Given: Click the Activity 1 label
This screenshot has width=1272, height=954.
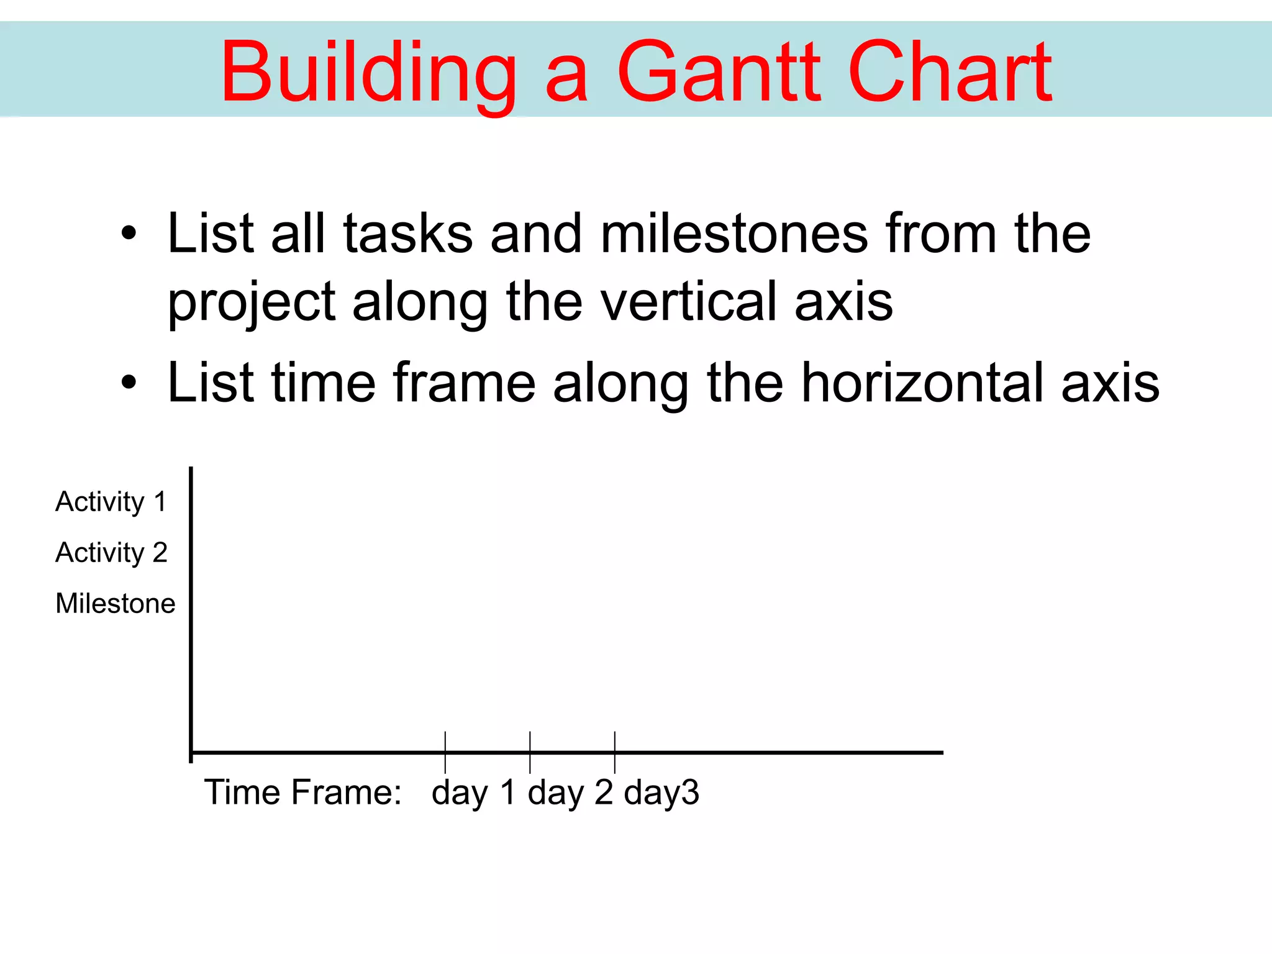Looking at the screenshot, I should [x=111, y=501].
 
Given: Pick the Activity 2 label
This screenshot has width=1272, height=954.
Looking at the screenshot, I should [x=111, y=552].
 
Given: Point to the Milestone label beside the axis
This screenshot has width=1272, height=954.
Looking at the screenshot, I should [x=116, y=603].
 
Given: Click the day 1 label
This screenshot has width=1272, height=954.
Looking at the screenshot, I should [x=473, y=793].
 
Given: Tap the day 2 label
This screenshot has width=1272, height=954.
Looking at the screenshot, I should [x=570, y=793].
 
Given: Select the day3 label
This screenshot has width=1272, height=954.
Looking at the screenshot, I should [x=661, y=793].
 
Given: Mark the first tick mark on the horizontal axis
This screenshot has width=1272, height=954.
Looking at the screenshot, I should [x=445, y=752].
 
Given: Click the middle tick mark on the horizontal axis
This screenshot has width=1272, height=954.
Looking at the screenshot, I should [x=530, y=752].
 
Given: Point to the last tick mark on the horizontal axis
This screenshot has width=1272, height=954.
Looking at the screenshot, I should [x=615, y=752].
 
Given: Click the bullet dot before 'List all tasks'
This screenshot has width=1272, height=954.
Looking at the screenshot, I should [x=129, y=234].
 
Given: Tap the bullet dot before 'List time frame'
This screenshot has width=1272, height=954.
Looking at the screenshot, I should [x=129, y=383].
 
